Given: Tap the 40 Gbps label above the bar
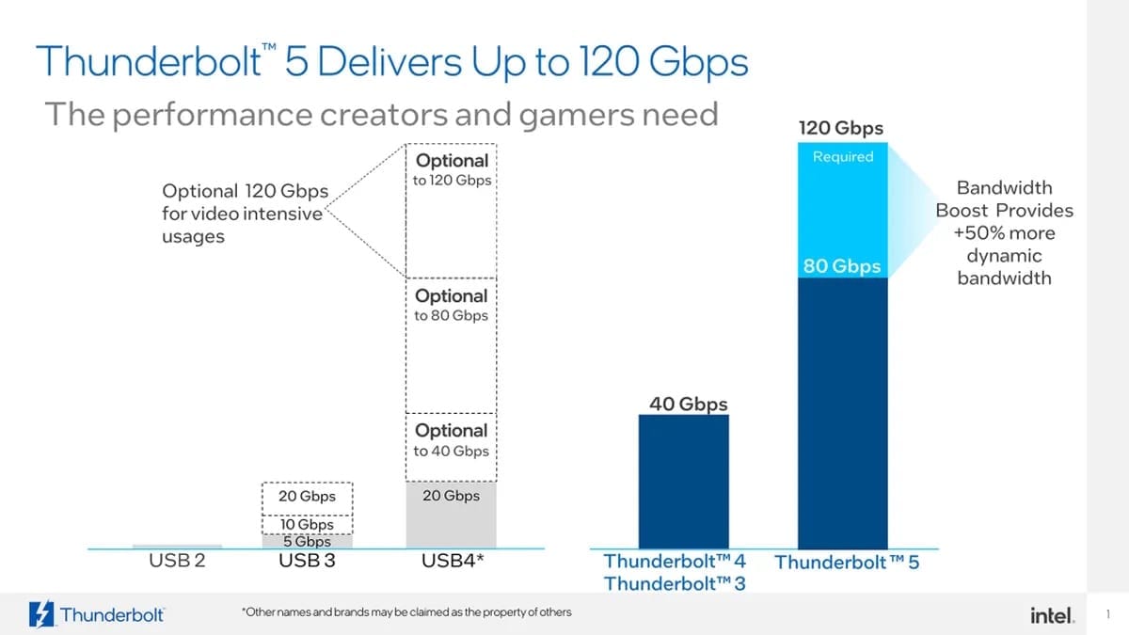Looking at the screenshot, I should [688, 405].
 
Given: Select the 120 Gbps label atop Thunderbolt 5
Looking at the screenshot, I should [841, 128].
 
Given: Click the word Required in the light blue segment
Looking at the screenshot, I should [842, 156].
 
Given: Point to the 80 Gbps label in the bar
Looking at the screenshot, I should [842, 266].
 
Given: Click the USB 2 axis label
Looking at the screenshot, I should [177, 562].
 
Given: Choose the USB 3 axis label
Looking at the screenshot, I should [307, 562].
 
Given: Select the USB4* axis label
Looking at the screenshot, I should [452, 562].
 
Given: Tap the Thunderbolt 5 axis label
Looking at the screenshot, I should [846, 563].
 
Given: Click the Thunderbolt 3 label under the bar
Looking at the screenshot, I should [675, 583].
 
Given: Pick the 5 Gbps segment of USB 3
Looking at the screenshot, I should [307, 542].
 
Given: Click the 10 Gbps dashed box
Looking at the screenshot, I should [307, 524].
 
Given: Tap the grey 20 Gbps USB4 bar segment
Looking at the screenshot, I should [451, 514].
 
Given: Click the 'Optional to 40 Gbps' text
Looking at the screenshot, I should [452, 440].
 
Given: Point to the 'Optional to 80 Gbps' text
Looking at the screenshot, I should [452, 305].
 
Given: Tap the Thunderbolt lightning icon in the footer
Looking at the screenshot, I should [42, 613].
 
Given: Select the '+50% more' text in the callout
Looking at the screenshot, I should [1004, 233].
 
